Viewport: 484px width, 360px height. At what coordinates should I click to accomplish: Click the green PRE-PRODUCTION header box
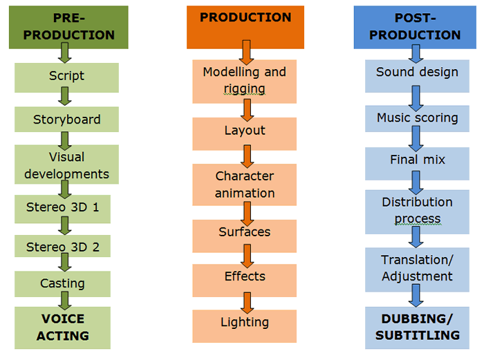point(68,27)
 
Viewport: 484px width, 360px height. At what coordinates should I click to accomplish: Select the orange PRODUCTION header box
point(245,27)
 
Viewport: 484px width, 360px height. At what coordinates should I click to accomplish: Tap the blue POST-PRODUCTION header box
point(415,27)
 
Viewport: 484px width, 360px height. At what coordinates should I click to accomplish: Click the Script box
point(66,78)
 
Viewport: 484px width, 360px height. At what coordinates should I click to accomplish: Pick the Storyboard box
point(66,120)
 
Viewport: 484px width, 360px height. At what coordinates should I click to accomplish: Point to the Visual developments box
point(66,164)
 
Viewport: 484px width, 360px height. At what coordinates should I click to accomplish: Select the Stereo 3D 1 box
point(62,209)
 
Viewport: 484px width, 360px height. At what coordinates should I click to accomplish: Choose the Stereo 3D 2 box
point(62,246)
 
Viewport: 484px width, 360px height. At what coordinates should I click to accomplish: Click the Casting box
point(62,284)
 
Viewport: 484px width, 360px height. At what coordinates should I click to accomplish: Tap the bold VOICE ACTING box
point(62,328)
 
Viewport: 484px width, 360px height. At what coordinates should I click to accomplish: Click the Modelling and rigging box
point(245,82)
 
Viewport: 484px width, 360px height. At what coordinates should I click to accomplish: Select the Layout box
point(245,134)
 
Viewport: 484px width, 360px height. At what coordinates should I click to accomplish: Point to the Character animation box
point(245,184)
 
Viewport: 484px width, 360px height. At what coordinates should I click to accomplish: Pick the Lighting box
point(245,326)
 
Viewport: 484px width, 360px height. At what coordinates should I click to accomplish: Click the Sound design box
point(418,76)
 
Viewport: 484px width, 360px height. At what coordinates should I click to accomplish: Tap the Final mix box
point(418,164)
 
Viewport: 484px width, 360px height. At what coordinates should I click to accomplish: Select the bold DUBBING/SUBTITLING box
point(418,328)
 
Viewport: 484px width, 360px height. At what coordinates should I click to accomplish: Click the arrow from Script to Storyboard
point(65,96)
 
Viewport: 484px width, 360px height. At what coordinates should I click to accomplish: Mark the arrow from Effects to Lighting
point(247,303)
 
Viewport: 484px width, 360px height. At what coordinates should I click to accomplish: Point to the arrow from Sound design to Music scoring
point(416,98)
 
